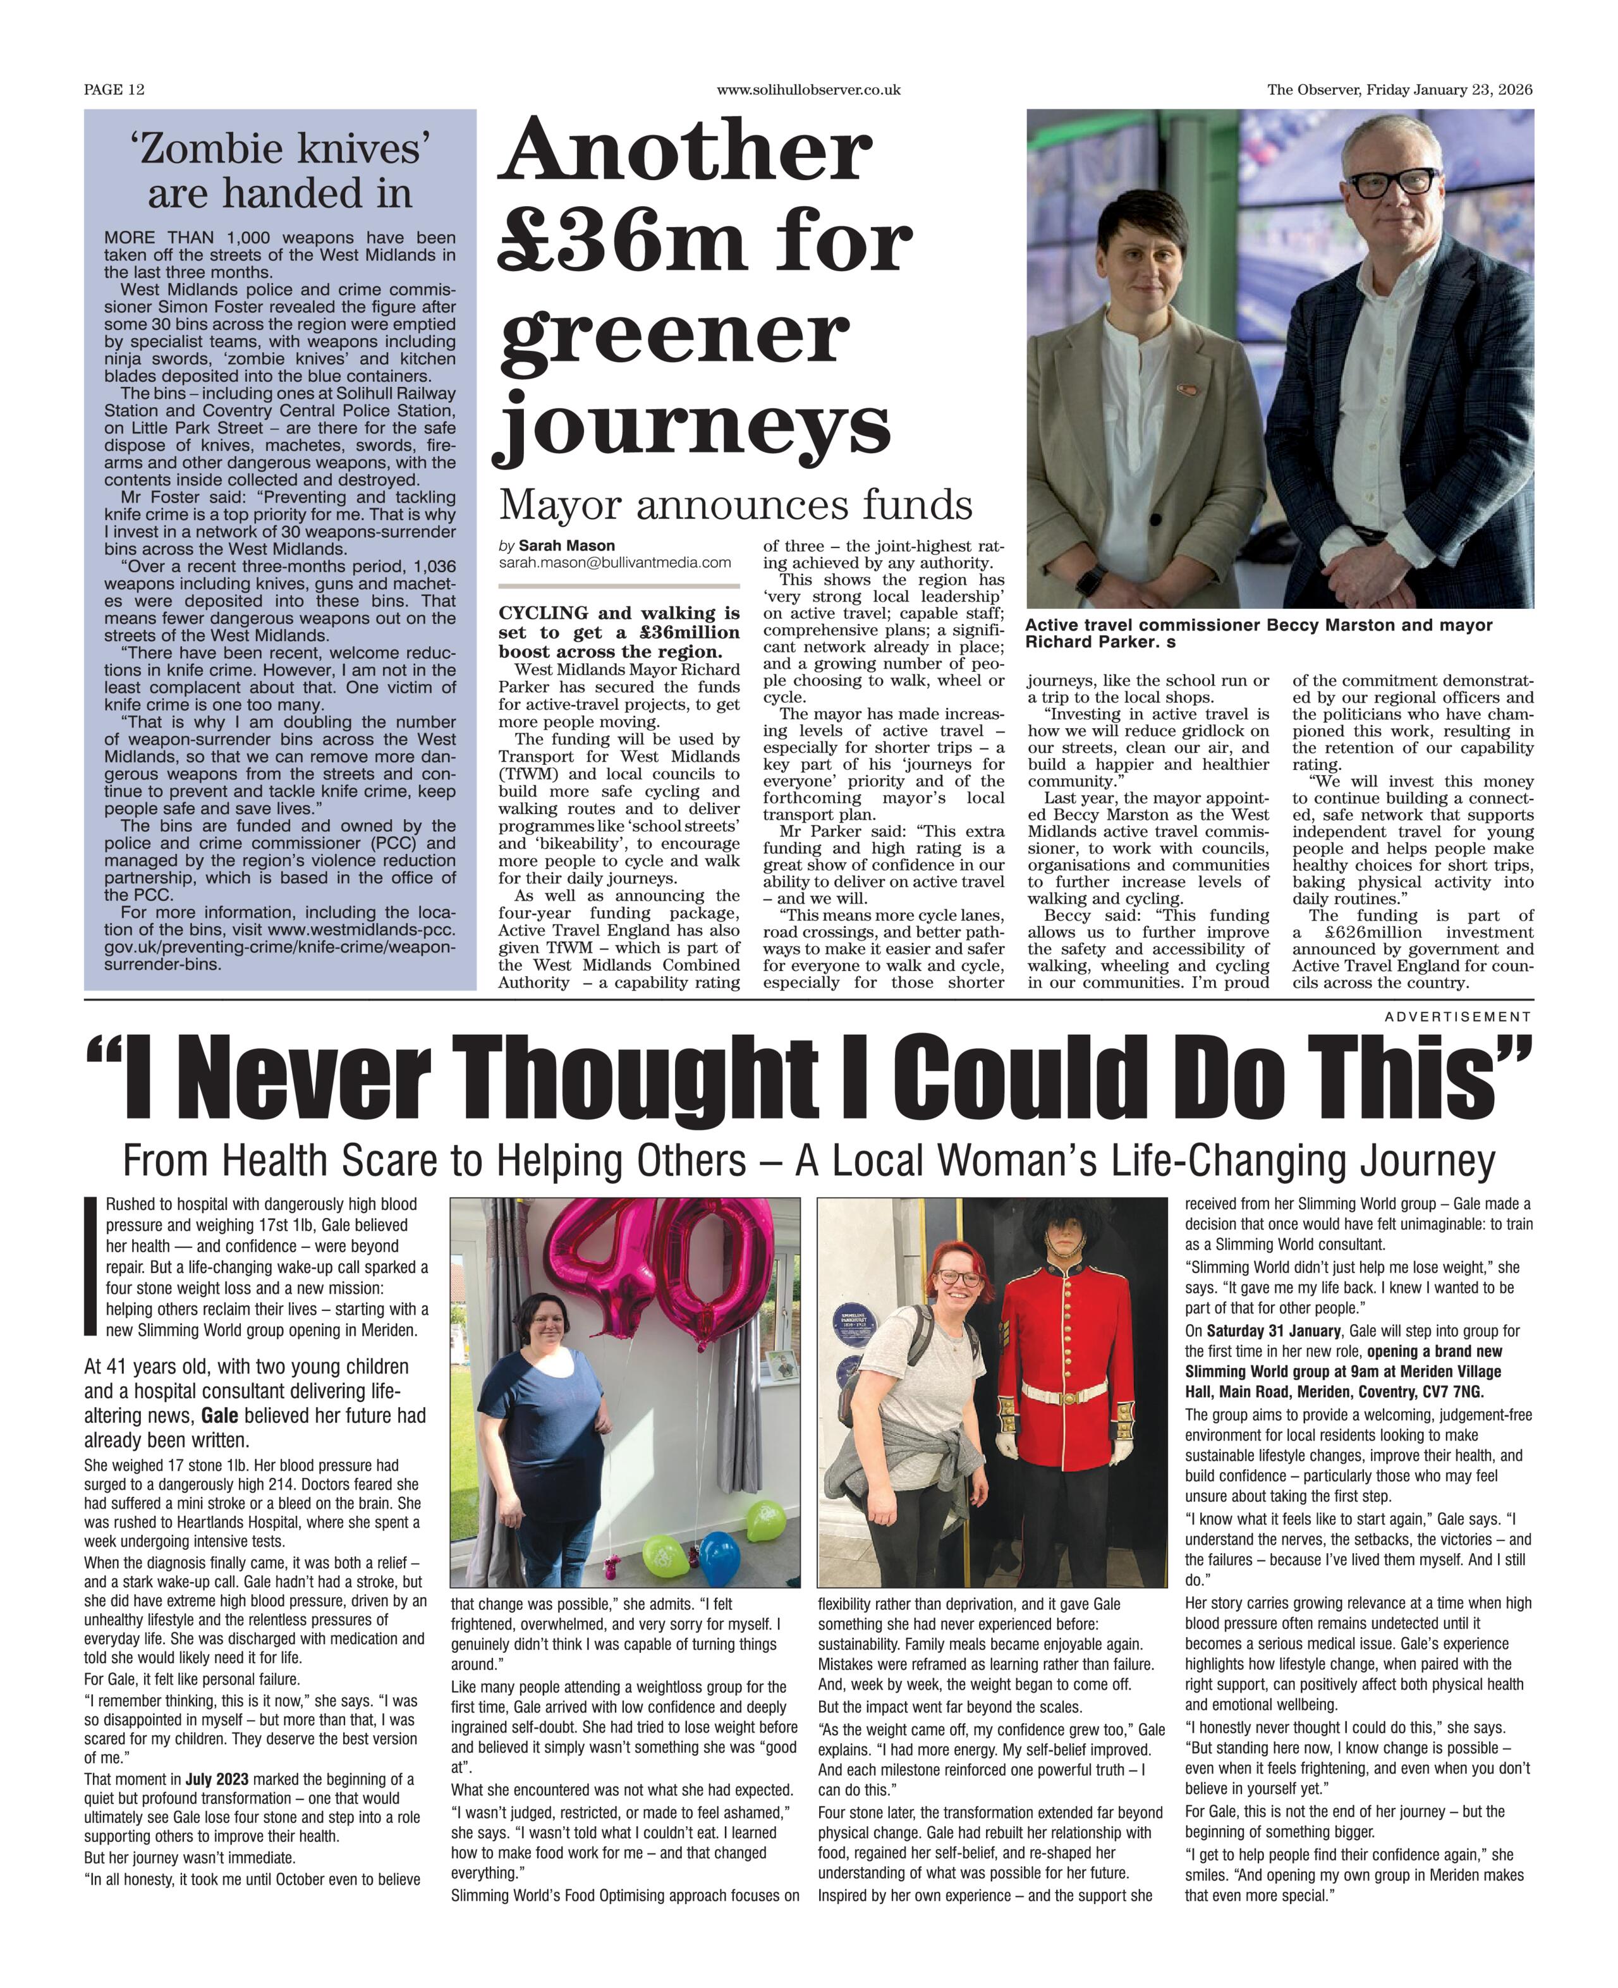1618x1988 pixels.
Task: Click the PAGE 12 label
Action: [x=114, y=90]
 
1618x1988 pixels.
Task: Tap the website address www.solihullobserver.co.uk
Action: [x=808, y=90]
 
